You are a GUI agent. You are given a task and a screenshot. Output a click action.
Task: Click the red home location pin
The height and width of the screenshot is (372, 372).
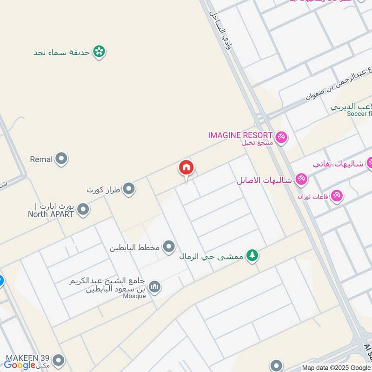point(186,168)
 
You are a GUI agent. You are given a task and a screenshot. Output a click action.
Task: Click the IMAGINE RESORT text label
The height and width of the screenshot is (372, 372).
point(240,135)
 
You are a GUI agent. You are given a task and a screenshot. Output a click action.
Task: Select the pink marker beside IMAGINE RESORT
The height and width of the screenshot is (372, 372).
point(281,137)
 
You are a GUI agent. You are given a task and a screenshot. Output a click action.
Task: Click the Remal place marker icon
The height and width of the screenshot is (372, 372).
point(61,159)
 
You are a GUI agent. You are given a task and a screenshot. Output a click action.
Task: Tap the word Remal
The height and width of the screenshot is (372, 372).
point(41,159)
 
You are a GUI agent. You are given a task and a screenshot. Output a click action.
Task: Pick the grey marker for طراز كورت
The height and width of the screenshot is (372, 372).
point(129,189)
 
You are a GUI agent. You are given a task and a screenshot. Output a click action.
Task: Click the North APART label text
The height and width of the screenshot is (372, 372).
point(51,214)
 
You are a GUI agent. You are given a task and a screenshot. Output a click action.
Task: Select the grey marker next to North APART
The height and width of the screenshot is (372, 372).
point(83,209)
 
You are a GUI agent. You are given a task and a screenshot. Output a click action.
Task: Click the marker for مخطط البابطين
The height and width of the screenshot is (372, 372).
point(168,246)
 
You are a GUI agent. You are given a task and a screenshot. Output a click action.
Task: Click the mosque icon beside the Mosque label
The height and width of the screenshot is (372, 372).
point(155,287)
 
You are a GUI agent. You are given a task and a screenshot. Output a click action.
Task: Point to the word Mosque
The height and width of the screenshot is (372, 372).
point(135,296)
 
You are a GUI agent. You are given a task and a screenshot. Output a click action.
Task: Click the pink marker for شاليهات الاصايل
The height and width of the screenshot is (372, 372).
point(301,179)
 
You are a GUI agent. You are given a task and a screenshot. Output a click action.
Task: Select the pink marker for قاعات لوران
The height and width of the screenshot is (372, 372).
point(337,196)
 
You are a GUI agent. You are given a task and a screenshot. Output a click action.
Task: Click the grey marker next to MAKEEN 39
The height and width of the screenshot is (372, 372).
point(58,359)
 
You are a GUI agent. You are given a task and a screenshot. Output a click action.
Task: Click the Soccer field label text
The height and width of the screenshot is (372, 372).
point(359,113)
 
